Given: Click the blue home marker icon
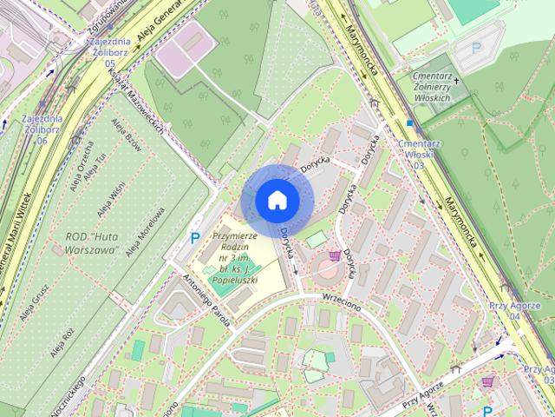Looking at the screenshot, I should pos(277,200).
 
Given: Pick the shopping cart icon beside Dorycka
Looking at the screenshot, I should pos(335,256).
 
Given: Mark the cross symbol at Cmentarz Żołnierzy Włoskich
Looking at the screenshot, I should pos(457,81).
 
